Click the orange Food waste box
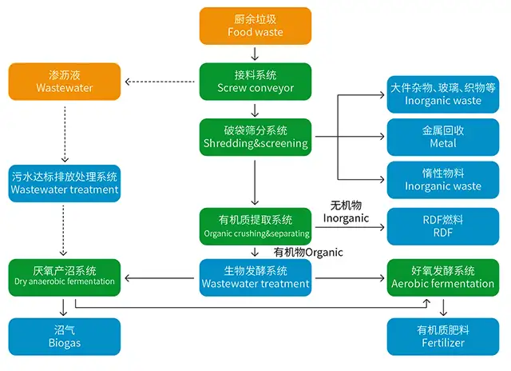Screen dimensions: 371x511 [255, 26]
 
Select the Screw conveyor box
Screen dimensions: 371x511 [255, 82]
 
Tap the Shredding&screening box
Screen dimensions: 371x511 [255, 137]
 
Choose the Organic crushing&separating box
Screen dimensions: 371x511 [255, 226]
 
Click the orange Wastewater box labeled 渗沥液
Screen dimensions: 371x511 [65, 82]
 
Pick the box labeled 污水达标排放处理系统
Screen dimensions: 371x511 [65, 183]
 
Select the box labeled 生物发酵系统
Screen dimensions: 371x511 [255, 277]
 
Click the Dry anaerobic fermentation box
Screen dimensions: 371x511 [65, 277]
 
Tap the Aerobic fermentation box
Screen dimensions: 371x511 [442, 277]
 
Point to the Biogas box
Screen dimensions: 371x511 [65, 336]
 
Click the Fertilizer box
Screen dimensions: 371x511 [442, 336]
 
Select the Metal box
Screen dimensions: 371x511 [442, 137]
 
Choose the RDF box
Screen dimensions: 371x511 [442, 226]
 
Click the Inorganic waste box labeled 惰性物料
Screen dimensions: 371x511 [442, 179]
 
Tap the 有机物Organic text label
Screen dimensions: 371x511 [307, 252]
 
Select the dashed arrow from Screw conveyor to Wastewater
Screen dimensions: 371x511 [160, 82]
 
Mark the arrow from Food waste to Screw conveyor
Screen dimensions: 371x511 [255, 54]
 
